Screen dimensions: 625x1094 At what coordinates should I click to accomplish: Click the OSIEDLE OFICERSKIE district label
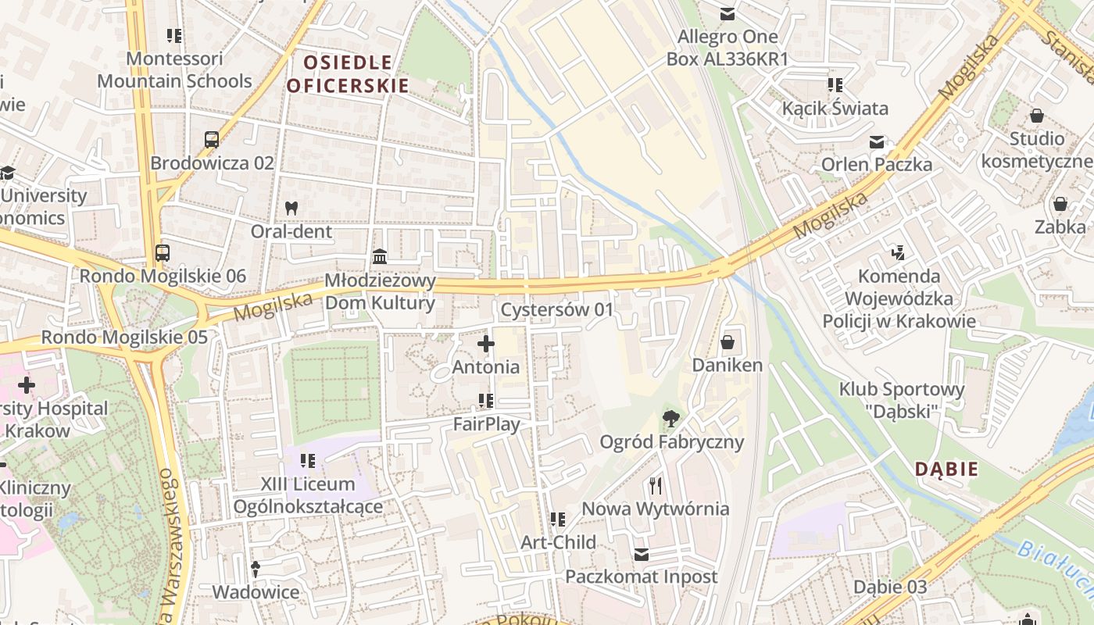coord(347,73)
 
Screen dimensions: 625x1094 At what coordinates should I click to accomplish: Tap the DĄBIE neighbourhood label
coord(946,470)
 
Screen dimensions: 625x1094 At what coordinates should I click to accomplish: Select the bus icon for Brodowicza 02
coord(212,140)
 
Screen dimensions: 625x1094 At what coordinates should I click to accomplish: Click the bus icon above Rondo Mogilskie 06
coord(163,253)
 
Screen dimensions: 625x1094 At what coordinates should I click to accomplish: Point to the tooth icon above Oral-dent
coord(291,209)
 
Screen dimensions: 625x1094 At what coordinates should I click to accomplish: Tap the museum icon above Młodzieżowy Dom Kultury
coord(380,257)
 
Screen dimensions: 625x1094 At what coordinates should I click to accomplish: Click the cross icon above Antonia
coord(486,343)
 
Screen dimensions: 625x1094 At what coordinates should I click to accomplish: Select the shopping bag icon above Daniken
coord(728,342)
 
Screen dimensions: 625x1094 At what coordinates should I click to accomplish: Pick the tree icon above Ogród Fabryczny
coord(670,419)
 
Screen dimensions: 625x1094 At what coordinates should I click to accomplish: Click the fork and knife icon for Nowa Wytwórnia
coord(656,486)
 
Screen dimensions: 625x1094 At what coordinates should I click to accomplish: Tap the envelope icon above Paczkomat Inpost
coord(642,554)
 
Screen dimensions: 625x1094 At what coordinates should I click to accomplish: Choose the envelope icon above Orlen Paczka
coord(876,141)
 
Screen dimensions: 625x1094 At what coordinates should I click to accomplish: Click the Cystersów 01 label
coord(557,310)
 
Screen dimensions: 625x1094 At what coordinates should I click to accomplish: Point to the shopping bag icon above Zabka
coord(1060,204)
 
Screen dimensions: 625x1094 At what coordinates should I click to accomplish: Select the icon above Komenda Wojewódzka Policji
coord(899,252)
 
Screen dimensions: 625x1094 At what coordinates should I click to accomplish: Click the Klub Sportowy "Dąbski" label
coord(902,399)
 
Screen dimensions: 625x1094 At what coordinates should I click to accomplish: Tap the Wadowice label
coord(256,592)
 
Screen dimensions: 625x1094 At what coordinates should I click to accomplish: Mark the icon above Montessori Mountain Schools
coord(174,35)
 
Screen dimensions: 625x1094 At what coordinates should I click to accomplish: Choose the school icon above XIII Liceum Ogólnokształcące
coord(308,461)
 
